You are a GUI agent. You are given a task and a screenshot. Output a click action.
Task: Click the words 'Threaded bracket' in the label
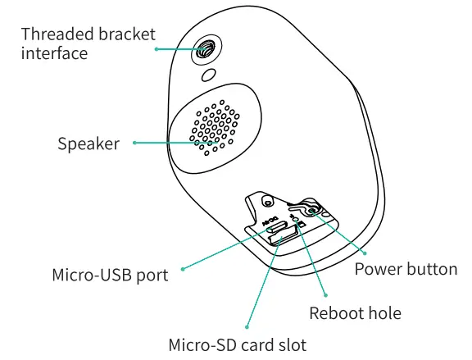(88, 34)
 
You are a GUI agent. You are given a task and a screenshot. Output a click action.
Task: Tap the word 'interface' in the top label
(54, 53)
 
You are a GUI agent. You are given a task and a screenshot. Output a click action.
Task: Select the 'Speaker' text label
(88, 144)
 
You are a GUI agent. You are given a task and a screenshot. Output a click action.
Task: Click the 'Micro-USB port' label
(109, 275)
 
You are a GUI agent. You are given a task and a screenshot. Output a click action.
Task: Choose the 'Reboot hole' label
(355, 312)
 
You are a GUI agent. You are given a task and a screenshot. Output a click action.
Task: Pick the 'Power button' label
(406, 269)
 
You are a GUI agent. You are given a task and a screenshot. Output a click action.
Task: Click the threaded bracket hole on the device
(206, 48)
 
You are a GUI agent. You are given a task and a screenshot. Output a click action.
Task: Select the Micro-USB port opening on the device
(276, 227)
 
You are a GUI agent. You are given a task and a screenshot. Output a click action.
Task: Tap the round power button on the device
(313, 209)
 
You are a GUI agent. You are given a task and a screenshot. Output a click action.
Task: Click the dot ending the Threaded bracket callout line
(157, 49)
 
